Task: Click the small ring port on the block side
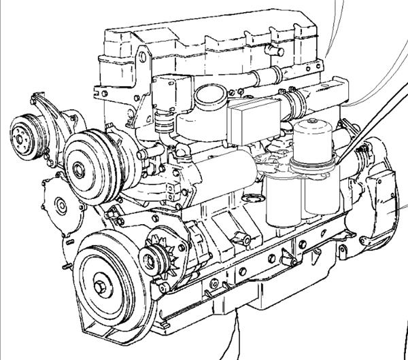tap(253, 200)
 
